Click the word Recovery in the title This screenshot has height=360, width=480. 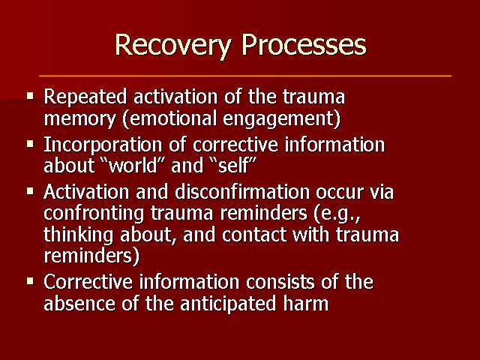tap(173, 45)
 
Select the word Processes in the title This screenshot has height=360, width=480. tap(304, 45)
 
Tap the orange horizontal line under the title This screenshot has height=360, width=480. tap(245, 75)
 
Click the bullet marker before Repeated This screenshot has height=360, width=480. tap(30, 96)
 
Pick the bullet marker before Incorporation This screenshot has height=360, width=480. tap(30, 143)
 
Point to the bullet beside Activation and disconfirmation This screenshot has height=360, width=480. tap(30, 191)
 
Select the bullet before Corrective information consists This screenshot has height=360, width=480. tap(30, 281)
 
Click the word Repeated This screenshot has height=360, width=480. tap(85, 97)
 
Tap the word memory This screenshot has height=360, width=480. tap(80, 119)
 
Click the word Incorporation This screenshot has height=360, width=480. tap(103, 145)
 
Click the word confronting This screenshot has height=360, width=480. tap(94, 214)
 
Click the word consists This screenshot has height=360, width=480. tap(280, 282)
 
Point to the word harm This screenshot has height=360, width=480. tap(305, 303)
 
